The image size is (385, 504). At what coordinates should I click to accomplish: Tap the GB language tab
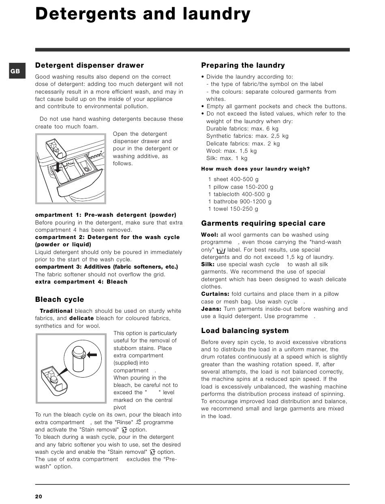15,71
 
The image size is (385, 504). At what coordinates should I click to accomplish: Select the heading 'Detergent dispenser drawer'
89,65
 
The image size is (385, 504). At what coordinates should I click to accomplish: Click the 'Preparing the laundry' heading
243,65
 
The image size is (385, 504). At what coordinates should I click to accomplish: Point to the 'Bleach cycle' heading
60,299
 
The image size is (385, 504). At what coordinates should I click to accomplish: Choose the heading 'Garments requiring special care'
263,223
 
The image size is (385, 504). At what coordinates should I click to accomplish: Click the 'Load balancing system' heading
245,331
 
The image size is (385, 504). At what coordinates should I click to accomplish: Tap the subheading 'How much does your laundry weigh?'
255,169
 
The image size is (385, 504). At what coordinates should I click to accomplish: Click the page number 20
38,496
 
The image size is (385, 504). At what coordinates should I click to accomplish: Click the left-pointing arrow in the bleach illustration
93,355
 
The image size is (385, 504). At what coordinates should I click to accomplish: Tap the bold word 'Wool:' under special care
210,235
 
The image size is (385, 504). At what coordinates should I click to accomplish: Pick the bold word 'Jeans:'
211,309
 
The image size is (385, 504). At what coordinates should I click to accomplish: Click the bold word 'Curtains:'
215,294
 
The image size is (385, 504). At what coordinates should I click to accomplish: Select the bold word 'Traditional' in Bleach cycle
56,311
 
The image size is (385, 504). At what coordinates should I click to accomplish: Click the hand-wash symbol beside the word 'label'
221,250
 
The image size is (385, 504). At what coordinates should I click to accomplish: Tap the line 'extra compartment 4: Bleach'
81,282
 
